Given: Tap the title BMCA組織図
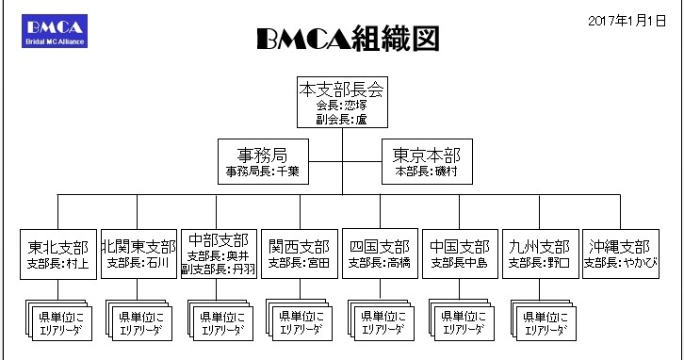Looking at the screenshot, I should pos(348,40).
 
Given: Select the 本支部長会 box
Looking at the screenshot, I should pos(341,105).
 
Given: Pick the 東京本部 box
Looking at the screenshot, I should pos(426,162).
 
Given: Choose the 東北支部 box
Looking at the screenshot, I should pos(58,252).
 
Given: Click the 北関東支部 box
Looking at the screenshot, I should pos(138,252).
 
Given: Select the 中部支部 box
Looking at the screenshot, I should pos(218,252).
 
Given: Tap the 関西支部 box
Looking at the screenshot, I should pos(299,252).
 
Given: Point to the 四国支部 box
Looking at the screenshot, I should pos(379,252).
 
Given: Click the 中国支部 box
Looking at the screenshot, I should pos(460,252).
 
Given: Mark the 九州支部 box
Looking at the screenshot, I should pos(540,252).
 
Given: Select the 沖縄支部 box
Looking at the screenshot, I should pos(619,252).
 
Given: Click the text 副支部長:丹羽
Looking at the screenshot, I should pos(218,269).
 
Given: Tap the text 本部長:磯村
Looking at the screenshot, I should pos(426,172).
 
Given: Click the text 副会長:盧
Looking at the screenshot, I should pos(341,121).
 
